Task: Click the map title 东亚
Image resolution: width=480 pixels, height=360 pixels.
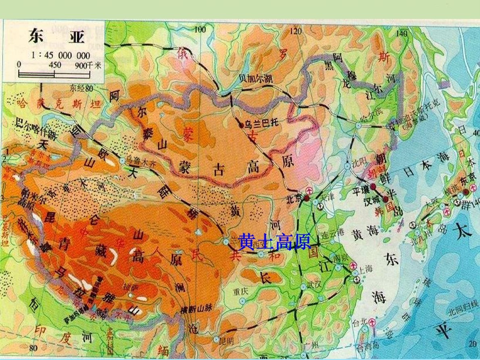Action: (x=56, y=37)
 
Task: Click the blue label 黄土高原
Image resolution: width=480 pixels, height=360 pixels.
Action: (x=275, y=242)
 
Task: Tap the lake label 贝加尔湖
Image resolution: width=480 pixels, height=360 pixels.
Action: (x=256, y=79)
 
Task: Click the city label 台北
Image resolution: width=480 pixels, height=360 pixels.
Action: (x=360, y=322)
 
